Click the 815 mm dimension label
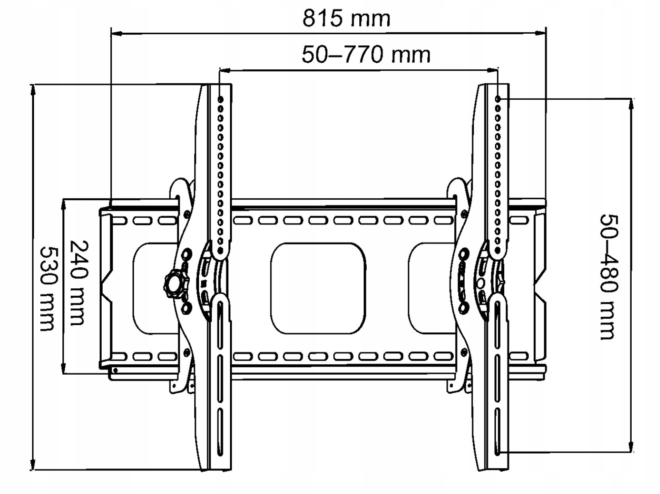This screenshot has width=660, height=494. tap(346, 18)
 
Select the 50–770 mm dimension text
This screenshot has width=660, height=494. tap(366, 55)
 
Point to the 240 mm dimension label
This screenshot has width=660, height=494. tap(80, 283)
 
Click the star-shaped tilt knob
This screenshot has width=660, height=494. tap(176, 284)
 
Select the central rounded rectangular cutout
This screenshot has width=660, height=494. tap(318, 288)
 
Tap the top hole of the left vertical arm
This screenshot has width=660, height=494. tap(220, 99)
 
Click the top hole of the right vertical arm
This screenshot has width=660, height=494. tap(498, 99)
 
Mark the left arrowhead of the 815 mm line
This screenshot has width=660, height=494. tap(116, 33)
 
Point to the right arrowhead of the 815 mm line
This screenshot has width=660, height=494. tap(541, 33)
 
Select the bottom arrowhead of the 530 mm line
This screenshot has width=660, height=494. tap(32, 464)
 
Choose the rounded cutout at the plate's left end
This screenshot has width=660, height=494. tap(155, 288)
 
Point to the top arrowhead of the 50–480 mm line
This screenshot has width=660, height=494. tap(632, 104)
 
